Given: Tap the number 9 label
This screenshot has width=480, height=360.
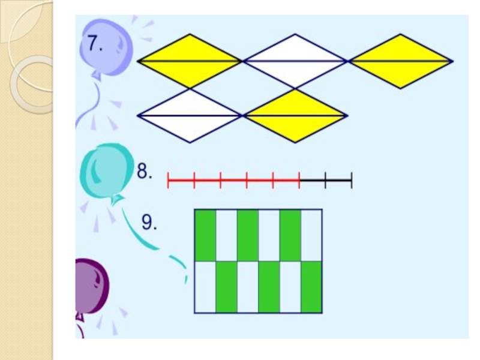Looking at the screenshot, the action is (x=149, y=223).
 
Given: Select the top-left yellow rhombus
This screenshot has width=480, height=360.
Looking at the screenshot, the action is (x=190, y=61).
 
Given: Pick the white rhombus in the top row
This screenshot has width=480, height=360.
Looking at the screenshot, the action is (x=295, y=61).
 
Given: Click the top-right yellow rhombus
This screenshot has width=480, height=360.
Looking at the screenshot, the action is (x=400, y=61).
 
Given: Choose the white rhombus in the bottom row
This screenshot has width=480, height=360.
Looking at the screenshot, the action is (x=190, y=116).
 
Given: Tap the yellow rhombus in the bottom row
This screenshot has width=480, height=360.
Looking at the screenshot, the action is (x=295, y=116).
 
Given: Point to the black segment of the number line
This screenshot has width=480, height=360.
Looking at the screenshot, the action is (x=325, y=179).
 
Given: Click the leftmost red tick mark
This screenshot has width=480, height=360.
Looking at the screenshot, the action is (x=169, y=179).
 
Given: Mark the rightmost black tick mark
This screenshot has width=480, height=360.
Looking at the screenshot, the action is (x=351, y=179).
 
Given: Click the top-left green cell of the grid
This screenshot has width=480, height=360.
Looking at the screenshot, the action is (x=205, y=235).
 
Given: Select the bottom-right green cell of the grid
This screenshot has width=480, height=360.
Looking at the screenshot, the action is (x=311, y=287).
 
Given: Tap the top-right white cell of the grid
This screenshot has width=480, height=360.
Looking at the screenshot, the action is (x=311, y=235).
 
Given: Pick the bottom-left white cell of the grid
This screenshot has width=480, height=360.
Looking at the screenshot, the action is (x=205, y=287).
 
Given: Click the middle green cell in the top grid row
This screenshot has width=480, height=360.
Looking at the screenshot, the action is (x=248, y=235).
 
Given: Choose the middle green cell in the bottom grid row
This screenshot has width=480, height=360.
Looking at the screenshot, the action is (x=269, y=287).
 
